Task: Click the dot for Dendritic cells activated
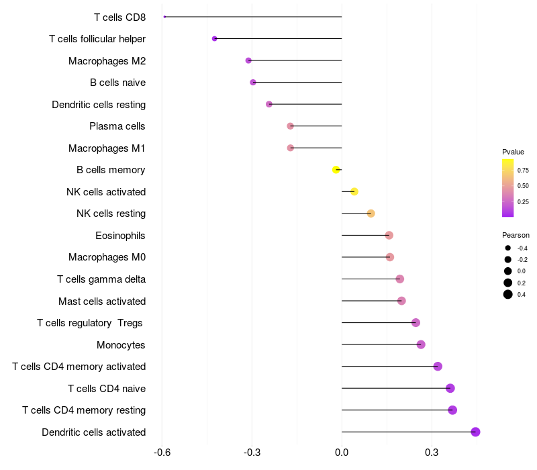(475, 432)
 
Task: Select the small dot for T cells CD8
(164, 17)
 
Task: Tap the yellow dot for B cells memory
(336, 170)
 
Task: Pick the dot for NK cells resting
(371, 214)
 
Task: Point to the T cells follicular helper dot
(214, 39)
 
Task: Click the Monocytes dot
(421, 344)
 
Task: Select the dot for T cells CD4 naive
(450, 388)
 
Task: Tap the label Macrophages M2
(107, 61)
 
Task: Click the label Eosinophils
(120, 236)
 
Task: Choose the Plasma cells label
(117, 126)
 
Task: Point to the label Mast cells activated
(102, 301)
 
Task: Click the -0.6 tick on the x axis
(162, 453)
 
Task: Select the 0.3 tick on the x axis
(432, 453)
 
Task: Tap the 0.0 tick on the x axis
(342, 453)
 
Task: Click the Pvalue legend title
(513, 152)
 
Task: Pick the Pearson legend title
(516, 235)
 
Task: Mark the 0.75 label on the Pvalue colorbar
(523, 170)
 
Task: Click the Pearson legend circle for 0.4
(508, 294)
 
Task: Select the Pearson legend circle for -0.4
(508, 248)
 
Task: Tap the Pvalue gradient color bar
(508, 188)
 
